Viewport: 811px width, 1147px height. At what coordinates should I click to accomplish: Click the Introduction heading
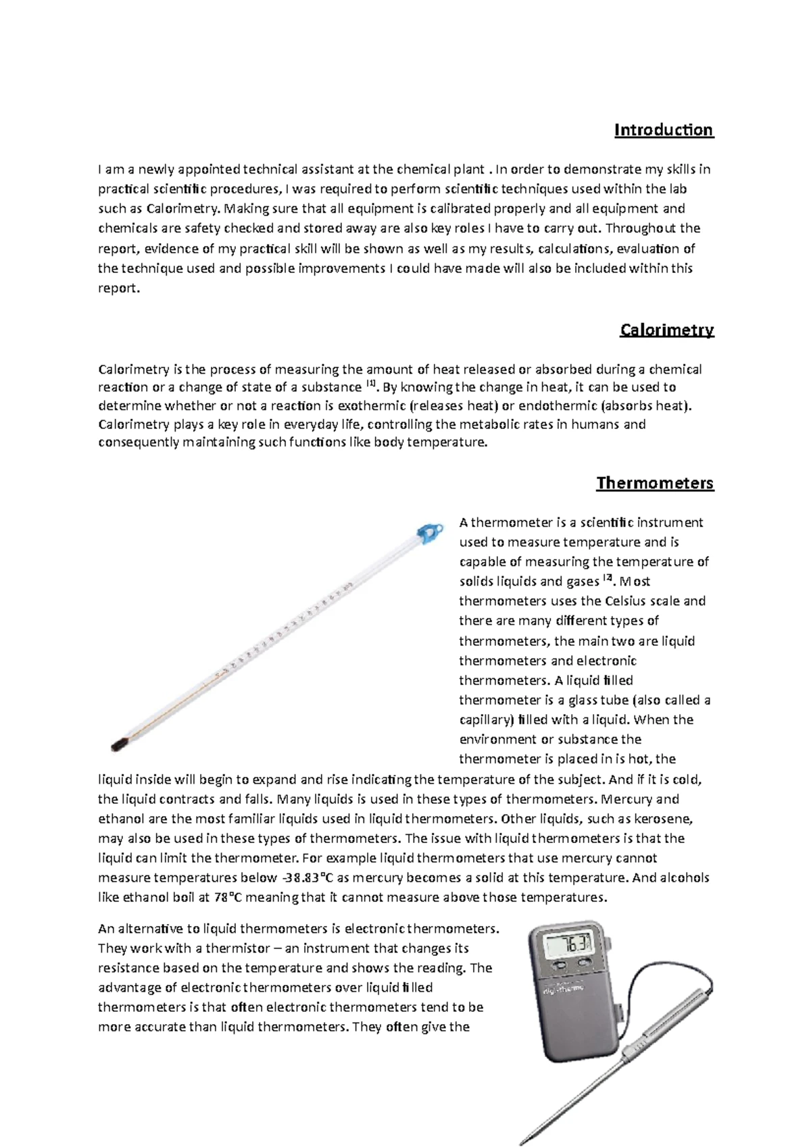[663, 130]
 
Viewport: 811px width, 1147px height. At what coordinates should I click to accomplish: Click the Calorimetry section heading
[666, 330]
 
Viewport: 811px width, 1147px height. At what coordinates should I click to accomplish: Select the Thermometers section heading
[654, 483]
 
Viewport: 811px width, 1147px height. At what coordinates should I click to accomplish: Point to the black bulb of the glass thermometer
[120, 744]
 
